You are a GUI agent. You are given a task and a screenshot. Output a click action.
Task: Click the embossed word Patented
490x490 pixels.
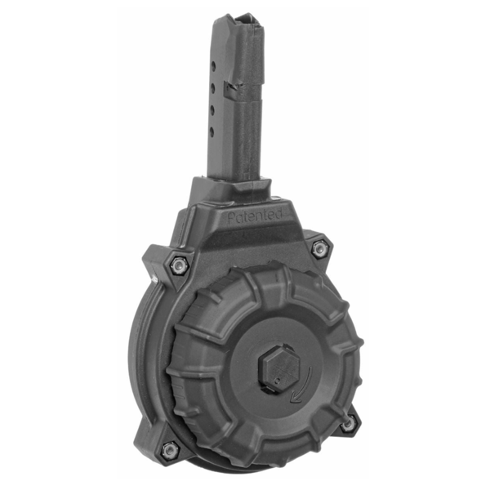click(x=256, y=216)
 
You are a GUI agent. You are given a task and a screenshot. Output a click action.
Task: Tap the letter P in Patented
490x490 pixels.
click(x=231, y=218)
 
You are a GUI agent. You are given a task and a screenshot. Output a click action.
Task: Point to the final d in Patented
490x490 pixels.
click(x=279, y=214)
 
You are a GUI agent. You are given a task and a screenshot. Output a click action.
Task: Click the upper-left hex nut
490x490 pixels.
click(x=179, y=266)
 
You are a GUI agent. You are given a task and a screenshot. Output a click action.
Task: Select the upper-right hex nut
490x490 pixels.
click(x=319, y=248)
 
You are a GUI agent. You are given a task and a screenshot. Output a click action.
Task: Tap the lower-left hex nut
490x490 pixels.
click(x=169, y=449)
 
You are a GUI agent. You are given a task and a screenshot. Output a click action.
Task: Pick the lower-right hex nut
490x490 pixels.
click(x=348, y=423)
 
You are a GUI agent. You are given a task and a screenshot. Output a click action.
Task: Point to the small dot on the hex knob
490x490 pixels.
click(x=277, y=381)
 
